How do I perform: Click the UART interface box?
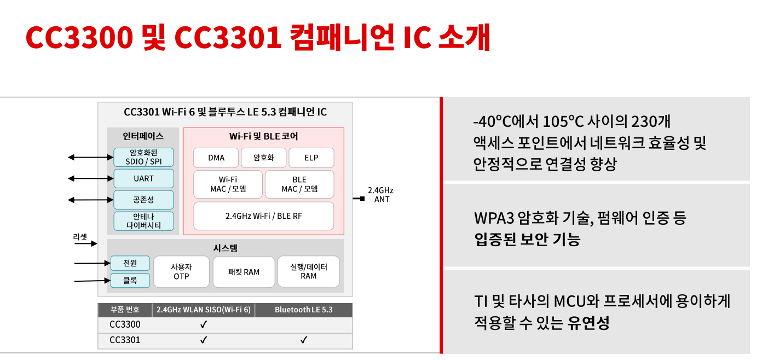(143, 178)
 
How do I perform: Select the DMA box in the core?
(216, 158)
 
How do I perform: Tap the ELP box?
(311, 158)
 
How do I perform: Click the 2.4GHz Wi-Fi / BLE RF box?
(264, 216)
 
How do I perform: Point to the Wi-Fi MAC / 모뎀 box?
(228, 184)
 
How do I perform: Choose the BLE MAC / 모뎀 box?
(299, 184)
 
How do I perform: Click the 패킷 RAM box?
(244, 272)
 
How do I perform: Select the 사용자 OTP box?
(181, 271)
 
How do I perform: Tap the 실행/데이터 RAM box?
(309, 271)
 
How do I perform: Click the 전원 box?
(130, 263)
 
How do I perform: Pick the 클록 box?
(130, 281)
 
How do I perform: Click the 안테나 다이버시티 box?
(143, 221)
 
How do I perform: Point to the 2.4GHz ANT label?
(380, 195)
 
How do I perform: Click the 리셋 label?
(80, 237)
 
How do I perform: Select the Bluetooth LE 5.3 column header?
(303, 310)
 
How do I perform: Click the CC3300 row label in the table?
(125, 324)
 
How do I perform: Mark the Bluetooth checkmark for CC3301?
(304, 340)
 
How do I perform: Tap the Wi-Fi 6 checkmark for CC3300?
(204, 324)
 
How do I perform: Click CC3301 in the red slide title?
(228, 37)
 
